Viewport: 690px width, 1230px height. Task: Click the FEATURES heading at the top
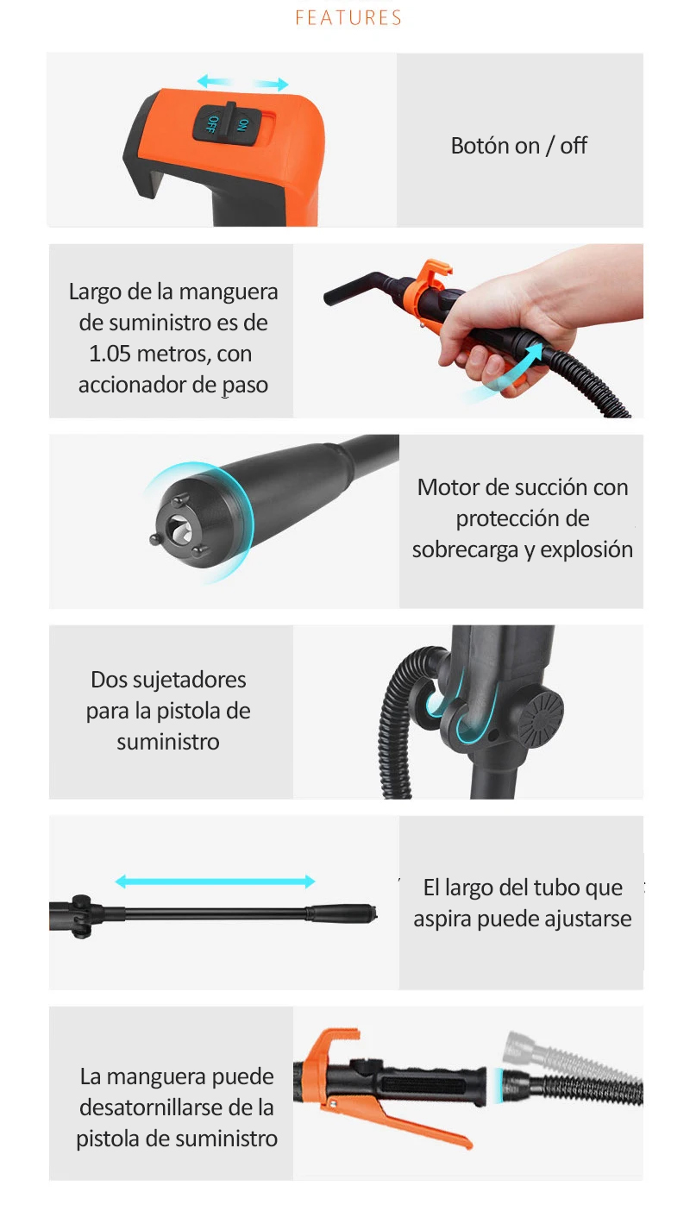coord(348,17)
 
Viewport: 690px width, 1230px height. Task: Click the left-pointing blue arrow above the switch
coord(214,81)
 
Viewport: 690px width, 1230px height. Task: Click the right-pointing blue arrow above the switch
coord(271,84)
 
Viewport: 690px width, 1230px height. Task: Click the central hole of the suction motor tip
coord(178,528)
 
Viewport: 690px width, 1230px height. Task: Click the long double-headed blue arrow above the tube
coord(215,882)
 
